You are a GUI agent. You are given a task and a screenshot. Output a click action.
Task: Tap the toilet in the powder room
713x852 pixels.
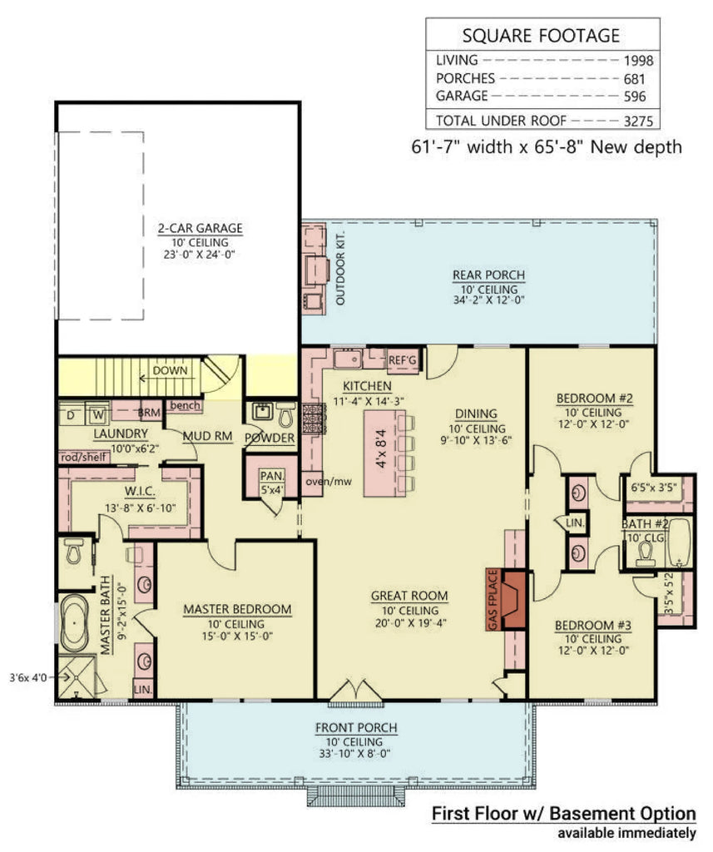(285, 414)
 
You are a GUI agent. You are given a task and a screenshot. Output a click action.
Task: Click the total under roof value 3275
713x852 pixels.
(638, 121)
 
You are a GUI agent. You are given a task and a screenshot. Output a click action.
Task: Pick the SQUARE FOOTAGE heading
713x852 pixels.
(540, 35)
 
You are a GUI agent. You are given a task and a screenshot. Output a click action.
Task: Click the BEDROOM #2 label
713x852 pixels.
(594, 399)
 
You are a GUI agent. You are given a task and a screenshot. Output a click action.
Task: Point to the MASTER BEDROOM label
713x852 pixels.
(237, 609)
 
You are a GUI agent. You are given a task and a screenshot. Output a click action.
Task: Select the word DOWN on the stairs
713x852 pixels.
(170, 370)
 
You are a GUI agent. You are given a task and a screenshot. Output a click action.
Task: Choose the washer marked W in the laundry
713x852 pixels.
(97, 414)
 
